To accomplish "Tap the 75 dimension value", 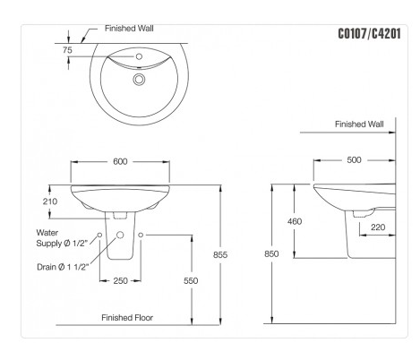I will point(68,52).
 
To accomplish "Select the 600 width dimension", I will point(119,162).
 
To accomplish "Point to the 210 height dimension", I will point(50,202).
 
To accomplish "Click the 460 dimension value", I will point(296,221).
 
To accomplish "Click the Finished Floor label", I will point(131,318).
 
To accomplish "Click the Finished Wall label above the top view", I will point(130,29).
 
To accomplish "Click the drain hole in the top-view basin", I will point(138,81).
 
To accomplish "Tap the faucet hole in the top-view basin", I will point(138,58).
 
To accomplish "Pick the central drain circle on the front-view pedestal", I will point(120,235).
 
